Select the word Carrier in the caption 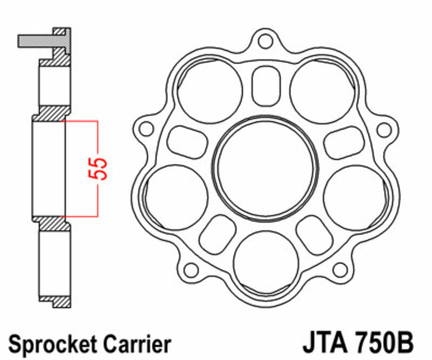139,344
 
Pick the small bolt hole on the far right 383,130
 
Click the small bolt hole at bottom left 190,269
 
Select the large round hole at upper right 320,90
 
